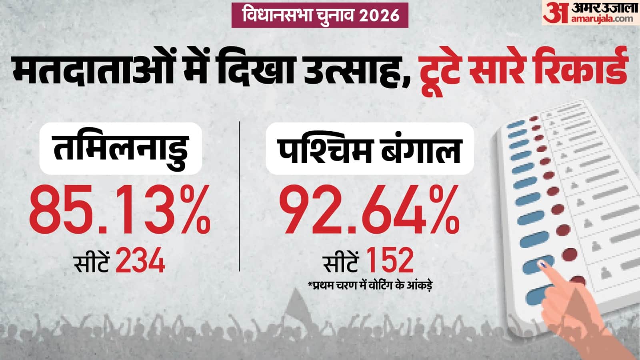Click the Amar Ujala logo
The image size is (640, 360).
[x=590, y=13]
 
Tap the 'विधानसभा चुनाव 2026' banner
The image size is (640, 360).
[x=320, y=15]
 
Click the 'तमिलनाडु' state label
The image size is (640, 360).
[x=120, y=148]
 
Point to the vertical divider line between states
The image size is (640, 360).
[x=239, y=196]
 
